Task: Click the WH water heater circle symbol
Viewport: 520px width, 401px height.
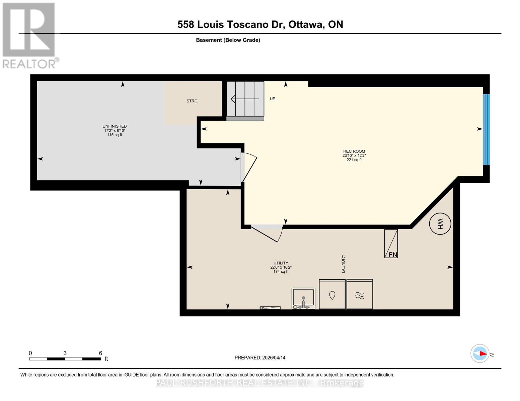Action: click(440, 224)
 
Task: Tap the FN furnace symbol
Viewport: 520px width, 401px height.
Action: click(391, 244)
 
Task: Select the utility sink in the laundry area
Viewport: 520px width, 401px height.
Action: click(303, 298)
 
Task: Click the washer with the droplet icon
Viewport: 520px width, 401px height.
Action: click(332, 294)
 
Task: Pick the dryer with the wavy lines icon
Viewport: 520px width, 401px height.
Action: click(360, 294)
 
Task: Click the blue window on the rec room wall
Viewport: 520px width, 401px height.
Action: click(486, 130)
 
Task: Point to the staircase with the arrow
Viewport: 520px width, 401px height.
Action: click(245, 99)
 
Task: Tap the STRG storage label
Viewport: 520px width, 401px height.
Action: click(192, 101)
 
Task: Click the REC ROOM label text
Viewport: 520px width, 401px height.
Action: click(354, 151)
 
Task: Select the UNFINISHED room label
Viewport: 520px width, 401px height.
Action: click(115, 126)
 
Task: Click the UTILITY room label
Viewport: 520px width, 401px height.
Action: click(281, 263)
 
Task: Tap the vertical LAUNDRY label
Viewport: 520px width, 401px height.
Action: click(343, 264)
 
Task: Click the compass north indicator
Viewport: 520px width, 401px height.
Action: click(480, 354)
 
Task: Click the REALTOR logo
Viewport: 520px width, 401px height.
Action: click(29, 35)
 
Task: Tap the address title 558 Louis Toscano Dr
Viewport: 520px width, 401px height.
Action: click(260, 24)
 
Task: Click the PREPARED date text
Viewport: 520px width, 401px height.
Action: click(260, 358)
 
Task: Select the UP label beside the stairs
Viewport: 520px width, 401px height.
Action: click(273, 99)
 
